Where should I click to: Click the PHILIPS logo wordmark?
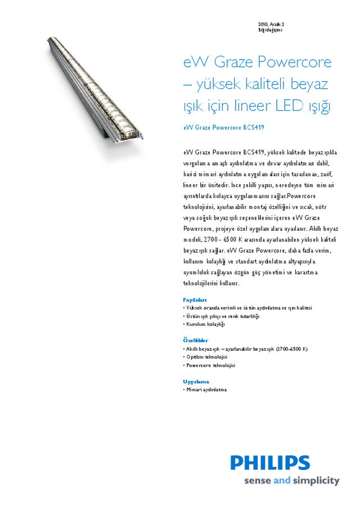[270, 463]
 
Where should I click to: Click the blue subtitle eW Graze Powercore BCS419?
[223, 127]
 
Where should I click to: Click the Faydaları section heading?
[195, 299]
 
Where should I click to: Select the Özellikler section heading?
[196, 341]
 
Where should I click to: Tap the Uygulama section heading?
[196, 381]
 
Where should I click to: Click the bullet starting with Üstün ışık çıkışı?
[223, 316]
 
